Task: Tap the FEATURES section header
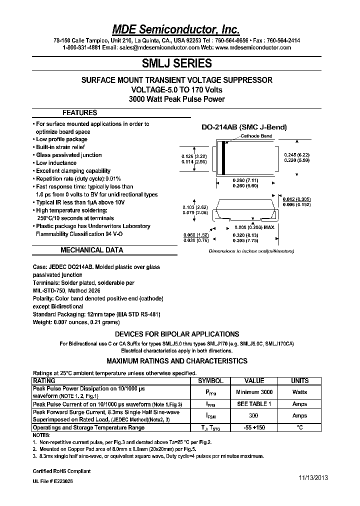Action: point(79,113)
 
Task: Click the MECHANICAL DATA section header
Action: point(91,250)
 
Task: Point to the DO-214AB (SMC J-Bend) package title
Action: point(244,127)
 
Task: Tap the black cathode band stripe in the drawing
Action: point(223,159)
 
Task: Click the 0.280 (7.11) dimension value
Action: point(245,179)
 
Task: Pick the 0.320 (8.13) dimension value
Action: point(245,234)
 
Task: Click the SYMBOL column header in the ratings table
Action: point(210,380)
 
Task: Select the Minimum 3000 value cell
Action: point(254,392)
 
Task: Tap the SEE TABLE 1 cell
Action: point(254,404)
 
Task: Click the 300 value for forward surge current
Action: point(254,415)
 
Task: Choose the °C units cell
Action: point(299,427)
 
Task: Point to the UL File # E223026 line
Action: point(52,480)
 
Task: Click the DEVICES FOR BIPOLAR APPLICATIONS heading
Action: point(177,334)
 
